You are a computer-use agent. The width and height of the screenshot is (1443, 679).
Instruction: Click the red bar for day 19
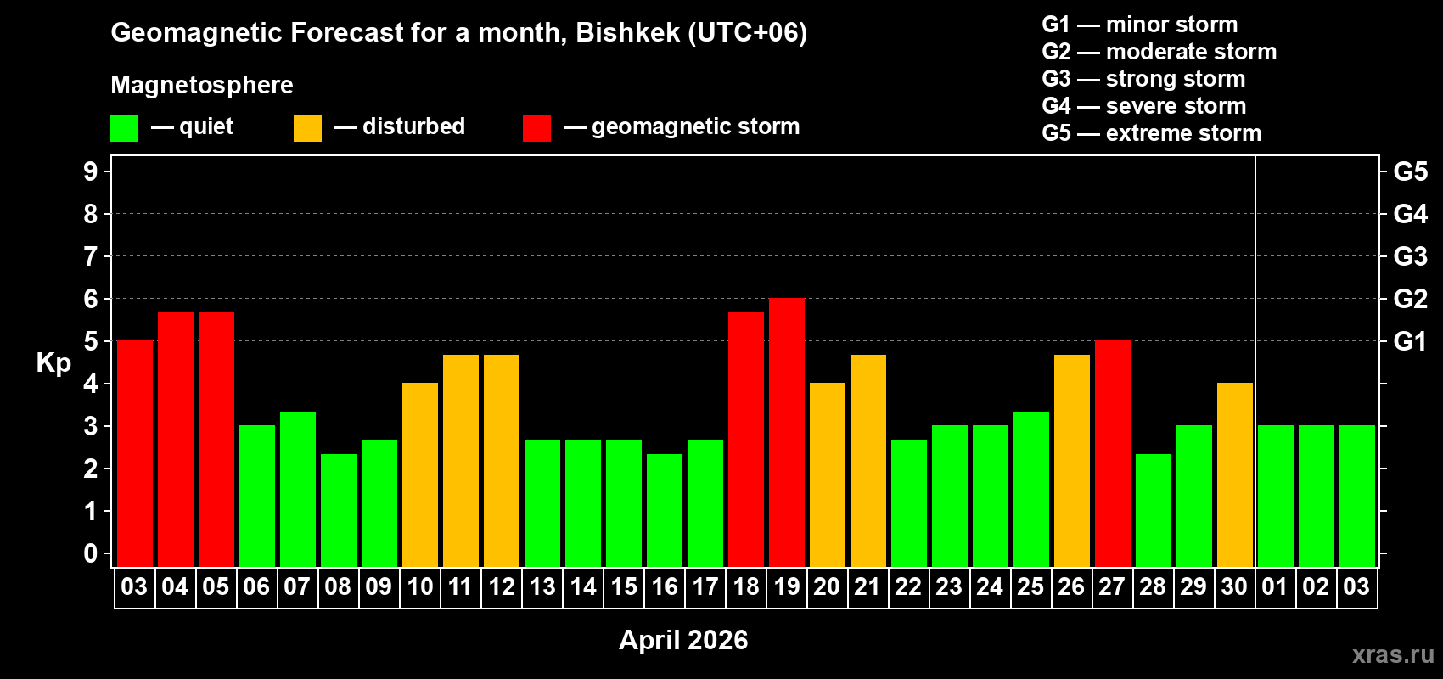click(787, 432)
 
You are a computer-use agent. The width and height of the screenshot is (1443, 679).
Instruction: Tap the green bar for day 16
click(665, 510)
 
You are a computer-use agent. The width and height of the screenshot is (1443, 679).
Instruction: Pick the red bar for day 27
click(1113, 453)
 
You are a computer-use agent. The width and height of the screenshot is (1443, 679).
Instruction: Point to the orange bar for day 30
click(1235, 474)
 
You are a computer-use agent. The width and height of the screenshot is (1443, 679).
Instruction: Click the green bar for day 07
click(298, 489)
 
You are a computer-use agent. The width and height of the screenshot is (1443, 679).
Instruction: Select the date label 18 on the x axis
click(746, 586)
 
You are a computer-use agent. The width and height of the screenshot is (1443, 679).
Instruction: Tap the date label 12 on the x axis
click(502, 586)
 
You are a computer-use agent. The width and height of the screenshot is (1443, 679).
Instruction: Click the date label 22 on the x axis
click(908, 586)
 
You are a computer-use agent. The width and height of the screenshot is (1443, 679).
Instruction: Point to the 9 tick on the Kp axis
click(91, 171)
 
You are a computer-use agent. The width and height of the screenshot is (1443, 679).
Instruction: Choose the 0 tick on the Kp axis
click(91, 553)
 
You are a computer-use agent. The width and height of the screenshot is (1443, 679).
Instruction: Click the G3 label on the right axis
click(1410, 256)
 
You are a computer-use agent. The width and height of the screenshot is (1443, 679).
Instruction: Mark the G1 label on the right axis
click(1410, 341)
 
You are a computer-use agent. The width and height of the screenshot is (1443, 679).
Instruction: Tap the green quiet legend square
click(125, 128)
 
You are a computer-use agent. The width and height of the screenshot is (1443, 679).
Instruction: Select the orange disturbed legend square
click(307, 128)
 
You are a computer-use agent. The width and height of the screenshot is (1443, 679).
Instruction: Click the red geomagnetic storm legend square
click(536, 128)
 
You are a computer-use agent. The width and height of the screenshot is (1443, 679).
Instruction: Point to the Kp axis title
click(53, 362)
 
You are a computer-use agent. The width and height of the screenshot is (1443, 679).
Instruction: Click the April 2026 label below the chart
click(683, 640)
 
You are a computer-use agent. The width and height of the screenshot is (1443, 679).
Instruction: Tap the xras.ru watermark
click(1393, 654)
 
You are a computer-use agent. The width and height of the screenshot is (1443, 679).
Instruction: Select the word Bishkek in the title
click(627, 32)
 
